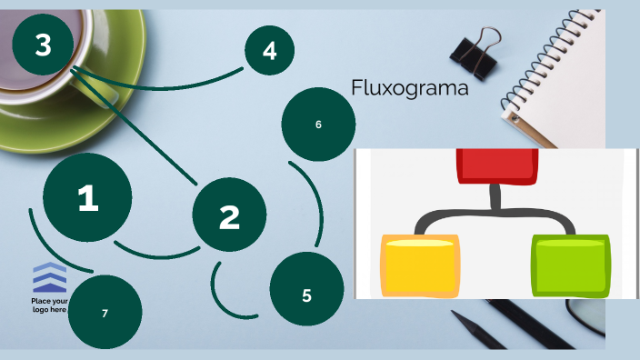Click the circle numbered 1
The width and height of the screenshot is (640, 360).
click(87, 198)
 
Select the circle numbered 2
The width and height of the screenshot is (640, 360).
click(229, 215)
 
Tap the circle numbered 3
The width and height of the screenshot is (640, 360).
click(43, 45)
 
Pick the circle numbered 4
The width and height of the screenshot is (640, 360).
click(269, 51)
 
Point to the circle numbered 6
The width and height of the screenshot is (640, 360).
click(318, 124)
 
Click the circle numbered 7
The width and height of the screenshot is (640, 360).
click(105, 312)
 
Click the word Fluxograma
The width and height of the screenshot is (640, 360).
click(409, 88)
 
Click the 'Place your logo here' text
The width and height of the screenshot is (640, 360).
click(49, 305)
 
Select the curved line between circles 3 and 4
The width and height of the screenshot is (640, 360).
click(164, 78)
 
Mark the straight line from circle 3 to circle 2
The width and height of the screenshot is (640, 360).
click(136, 127)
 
